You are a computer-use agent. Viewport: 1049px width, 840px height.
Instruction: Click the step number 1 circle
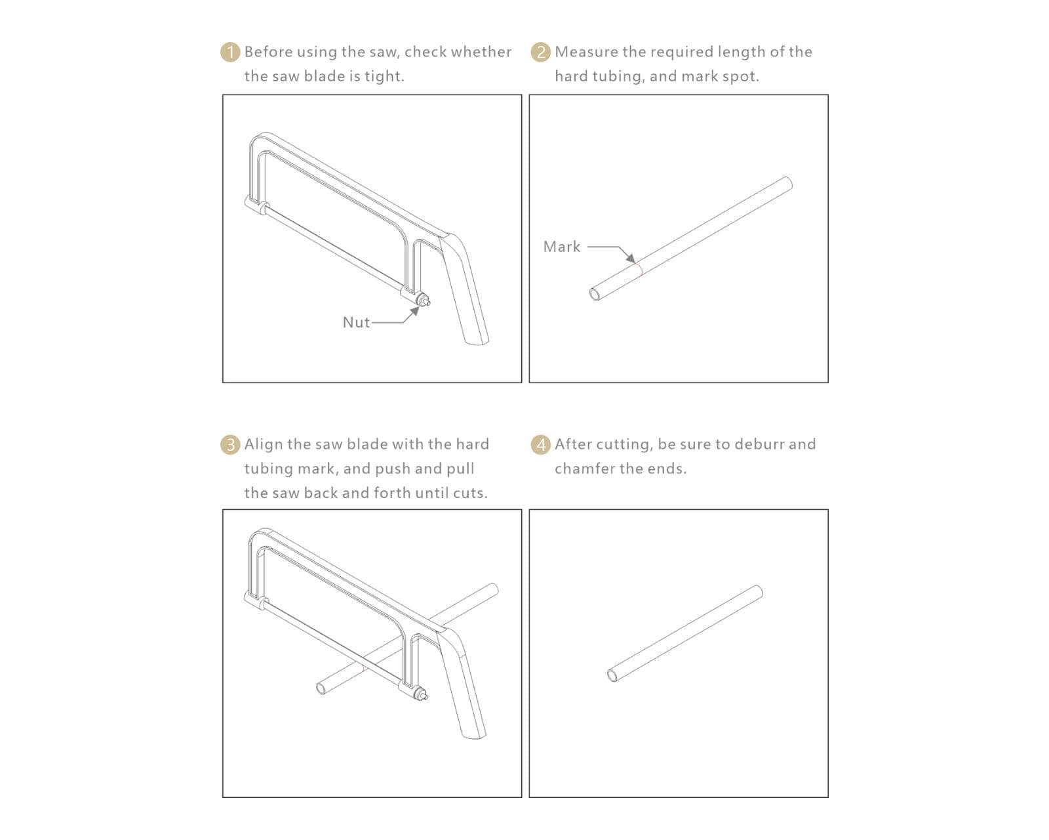230,52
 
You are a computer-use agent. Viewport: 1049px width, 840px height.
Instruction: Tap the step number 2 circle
541,52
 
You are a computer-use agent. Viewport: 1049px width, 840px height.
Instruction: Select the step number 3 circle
230,445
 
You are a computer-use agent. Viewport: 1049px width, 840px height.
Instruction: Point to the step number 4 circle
541,445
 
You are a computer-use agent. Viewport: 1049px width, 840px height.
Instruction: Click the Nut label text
356,323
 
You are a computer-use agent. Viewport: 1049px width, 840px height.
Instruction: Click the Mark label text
562,247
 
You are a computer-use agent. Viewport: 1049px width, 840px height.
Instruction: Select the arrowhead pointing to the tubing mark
631,258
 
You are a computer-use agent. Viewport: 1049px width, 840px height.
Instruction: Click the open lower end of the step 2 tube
595,294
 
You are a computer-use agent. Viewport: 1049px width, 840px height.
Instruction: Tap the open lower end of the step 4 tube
613,675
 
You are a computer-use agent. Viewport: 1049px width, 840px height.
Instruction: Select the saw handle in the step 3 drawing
462,684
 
